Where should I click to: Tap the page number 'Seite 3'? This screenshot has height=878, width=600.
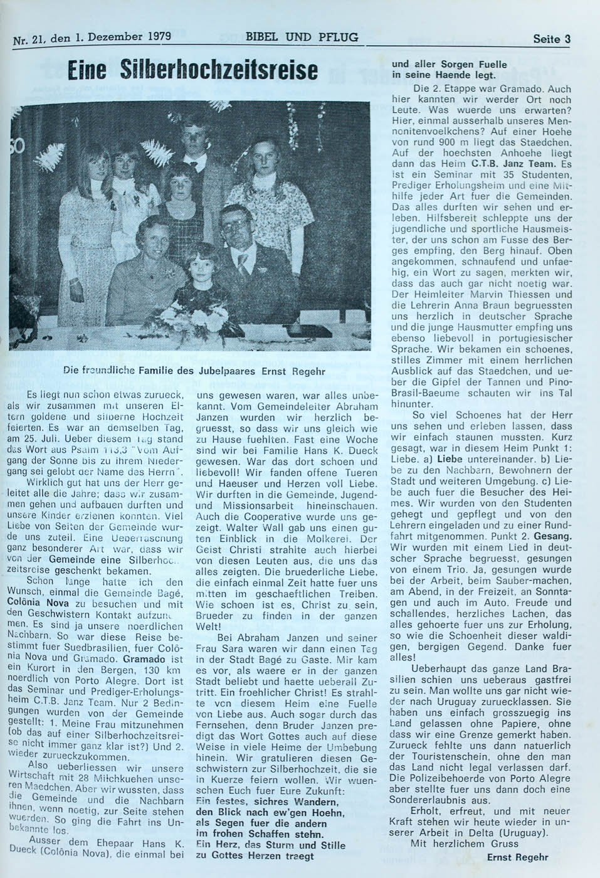[x=551, y=39]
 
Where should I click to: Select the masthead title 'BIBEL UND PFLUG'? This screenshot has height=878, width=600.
[x=302, y=37]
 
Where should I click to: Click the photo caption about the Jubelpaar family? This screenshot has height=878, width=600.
[x=194, y=371]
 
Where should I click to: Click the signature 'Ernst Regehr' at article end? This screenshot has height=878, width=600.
[x=517, y=857]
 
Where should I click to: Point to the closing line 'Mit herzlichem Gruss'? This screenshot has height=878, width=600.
[x=465, y=844]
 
